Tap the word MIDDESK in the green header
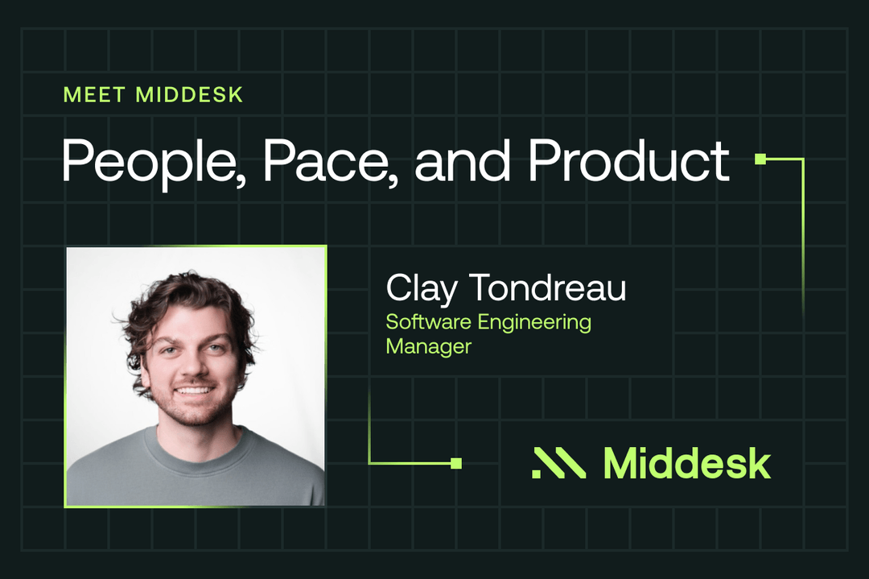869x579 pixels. (x=189, y=94)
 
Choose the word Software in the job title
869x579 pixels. (x=426, y=322)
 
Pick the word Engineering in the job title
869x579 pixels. (x=534, y=323)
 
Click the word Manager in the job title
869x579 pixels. (x=428, y=346)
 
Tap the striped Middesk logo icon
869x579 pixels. (x=558, y=464)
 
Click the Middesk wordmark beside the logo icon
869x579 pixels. (x=686, y=463)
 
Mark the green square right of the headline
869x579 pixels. (x=760, y=159)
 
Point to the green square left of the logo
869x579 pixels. (x=456, y=463)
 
